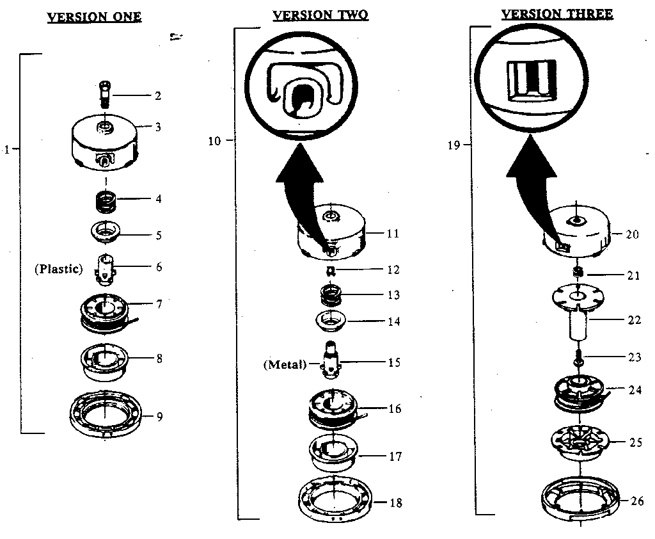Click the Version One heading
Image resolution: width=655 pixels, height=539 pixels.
tap(94, 17)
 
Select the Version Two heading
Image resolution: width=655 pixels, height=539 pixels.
tap(320, 15)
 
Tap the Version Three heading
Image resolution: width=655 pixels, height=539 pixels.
tap(556, 14)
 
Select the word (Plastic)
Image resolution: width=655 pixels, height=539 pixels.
tap(59, 269)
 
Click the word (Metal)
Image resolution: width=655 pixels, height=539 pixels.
tap(285, 366)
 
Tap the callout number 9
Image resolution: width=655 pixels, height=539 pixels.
tap(159, 417)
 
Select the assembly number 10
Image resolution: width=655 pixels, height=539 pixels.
tap(214, 140)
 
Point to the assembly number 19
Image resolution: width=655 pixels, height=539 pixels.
tap(452, 145)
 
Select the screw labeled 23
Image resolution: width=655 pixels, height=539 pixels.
tap(577, 357)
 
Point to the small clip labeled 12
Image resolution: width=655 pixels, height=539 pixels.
tap(331, 269)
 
